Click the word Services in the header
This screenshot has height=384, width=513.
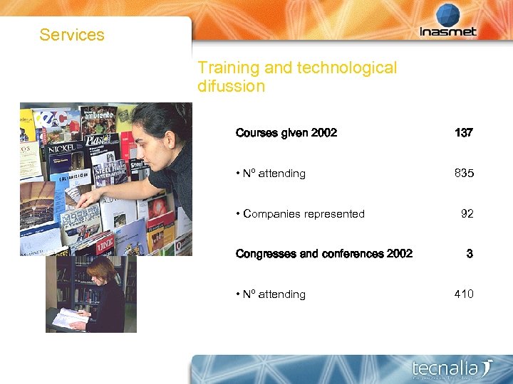[x=72, y=35]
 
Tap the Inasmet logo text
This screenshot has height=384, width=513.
[x=447, y=31]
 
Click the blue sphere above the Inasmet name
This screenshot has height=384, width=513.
[x=448, y=14]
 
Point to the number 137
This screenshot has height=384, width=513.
[x=463, y=133]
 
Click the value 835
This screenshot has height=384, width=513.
[x=463, y=174]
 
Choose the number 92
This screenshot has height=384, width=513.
[x=467, y=213]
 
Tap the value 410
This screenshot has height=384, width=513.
[x=463, y=294]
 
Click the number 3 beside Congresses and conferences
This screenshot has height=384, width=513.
[x=470, y=254]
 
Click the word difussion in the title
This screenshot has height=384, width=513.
[x=231, y=87]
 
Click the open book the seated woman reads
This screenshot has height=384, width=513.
[x=70, y=317]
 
